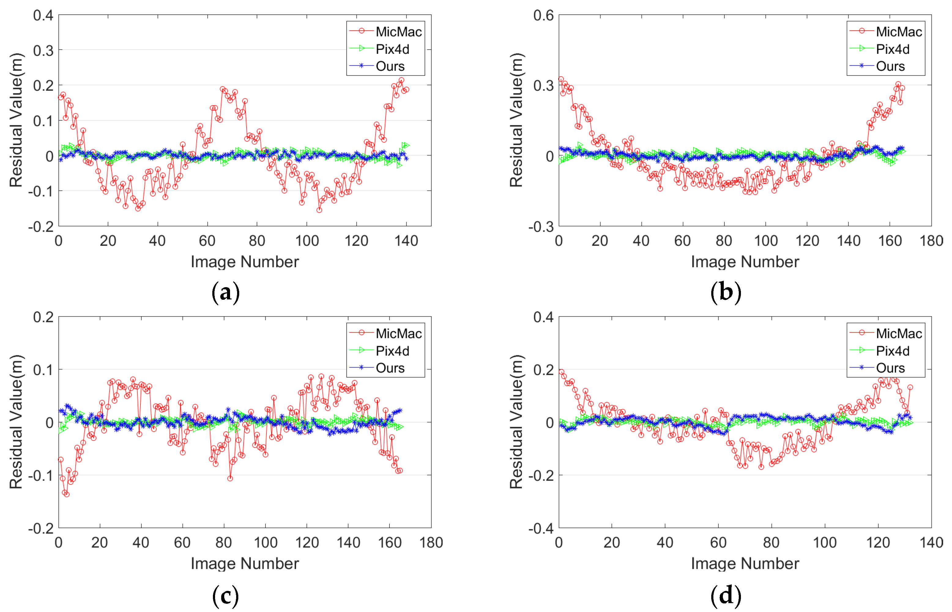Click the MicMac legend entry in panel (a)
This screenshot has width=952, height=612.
click(x=398, y=32)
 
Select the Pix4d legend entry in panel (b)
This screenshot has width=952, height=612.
click(x=892, y=49)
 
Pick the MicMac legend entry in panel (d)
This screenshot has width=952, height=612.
click(x=898, y=333)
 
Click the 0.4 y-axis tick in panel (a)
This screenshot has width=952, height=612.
click(x=43, y=16)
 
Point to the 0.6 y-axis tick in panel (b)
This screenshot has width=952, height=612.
click(x=543, y=16)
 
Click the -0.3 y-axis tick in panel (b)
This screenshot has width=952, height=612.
click(x=541, y=227)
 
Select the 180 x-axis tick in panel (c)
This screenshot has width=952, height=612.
click(x=431, y=543)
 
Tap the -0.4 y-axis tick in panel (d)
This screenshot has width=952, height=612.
click(x=541, y=528)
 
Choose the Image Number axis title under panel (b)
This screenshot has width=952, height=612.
click(x=745, y=262)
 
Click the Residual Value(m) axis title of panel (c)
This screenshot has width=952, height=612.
click(x=16, y=422)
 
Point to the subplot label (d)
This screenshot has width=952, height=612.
click(x=726, y=595)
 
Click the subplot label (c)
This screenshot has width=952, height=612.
click(x=225, y=595)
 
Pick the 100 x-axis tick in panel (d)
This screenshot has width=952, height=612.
click(x=824, y=543)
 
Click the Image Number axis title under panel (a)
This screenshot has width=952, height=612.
click(x=244, y=262)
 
